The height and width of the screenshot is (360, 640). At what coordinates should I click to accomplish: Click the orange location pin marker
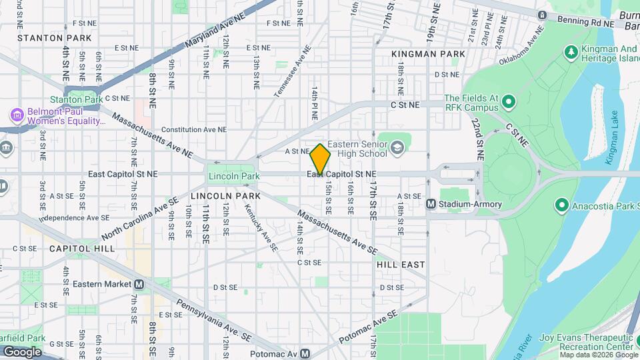(320, 159)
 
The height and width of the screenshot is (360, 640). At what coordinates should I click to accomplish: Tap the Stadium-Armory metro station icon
(431, 204)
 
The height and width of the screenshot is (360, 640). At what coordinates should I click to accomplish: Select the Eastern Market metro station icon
(139, 284)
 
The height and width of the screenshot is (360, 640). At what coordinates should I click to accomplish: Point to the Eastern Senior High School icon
(397, 147)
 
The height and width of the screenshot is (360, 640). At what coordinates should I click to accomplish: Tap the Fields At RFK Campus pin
(509, 102)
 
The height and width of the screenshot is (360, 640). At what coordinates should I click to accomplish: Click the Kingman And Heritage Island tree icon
(571, 52)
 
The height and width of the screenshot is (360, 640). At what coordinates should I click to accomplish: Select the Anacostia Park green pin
(561, 205)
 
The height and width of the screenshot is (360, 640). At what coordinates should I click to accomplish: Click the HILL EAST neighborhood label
(401, 265)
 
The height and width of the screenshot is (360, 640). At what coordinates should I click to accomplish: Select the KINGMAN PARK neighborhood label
(419, 53)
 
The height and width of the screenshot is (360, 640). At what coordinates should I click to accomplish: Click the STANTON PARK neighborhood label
(45, 38)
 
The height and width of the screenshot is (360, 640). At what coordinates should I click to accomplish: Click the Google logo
(22, 351)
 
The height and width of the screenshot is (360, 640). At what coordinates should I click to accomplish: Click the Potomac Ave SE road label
(369, 327)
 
